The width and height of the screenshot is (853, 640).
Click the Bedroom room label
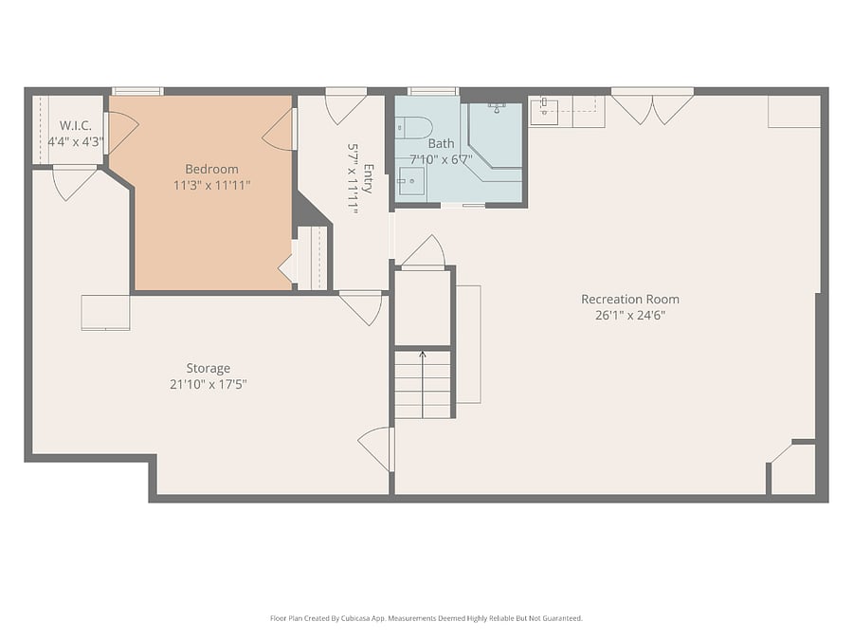[211, 170]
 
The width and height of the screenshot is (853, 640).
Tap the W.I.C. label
[76, 126]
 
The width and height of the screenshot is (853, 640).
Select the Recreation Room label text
[630, 300]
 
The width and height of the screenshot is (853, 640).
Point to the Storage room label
[209, 369]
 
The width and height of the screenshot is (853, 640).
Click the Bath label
[441, 144]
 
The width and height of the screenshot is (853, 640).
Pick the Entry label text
[369, 178]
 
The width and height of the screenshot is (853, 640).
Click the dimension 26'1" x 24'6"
[630, 316]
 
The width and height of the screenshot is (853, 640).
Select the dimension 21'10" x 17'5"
[209, 385]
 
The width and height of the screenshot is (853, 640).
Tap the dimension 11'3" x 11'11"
[211, 186]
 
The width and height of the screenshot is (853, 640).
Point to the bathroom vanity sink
[411, 181]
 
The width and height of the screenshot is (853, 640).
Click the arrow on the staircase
[423, 385]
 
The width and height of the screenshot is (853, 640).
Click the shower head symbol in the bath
[496, 107]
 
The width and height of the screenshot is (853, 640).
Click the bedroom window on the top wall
[137, 91]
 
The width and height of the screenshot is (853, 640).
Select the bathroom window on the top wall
[433, 91]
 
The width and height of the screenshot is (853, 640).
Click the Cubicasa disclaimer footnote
[426, 618]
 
